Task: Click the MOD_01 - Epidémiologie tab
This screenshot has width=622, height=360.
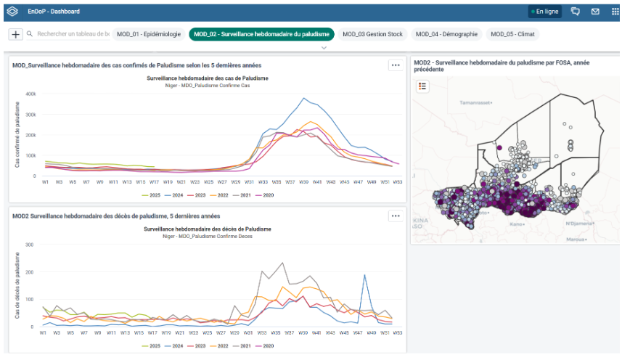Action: pyautogui.click(x=149, y=34)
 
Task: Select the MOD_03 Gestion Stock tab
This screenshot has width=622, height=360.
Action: pyautogui.click(x=372, y=34)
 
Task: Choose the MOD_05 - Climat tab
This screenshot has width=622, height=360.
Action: pyautogui.click(x=515, y=34)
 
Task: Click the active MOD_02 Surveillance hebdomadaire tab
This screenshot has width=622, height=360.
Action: pyautogui.click(x=262, y=34)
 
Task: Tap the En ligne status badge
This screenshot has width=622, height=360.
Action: pyautogui.click(x=544, y=12)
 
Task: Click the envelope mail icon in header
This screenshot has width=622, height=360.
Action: pyautogui.click(x=595, y=12)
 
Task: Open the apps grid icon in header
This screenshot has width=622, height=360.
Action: pyautogui.click(x=615, y=12)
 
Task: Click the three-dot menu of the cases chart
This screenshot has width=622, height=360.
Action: pyautogui.click(x=395, y=65)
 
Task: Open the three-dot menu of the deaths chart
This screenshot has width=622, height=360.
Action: pyautogui.click(x=395, y=216)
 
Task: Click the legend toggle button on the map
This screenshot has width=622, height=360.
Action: pyautogui.click(x=423, y=86)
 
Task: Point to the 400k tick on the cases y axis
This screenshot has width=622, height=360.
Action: pyautogui.click(x=30, y=94)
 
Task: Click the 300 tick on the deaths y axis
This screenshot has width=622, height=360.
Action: pyautogui.click(x=30, y=245)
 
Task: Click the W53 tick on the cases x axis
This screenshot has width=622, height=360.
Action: pyautogui.click(x=396, y=181)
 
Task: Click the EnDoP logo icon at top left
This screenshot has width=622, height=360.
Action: pyautogui.click(x=12, y=12)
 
